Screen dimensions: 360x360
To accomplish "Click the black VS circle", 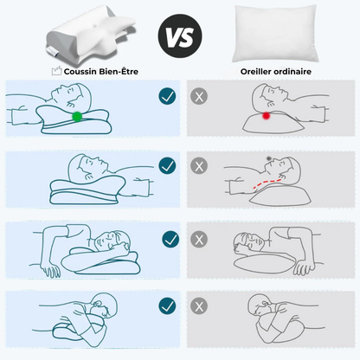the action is pyautogui.click(x=180, y=36).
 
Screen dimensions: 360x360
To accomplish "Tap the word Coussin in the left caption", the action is pyautogui.click(x=80, y=71).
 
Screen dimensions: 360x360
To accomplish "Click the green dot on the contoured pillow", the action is pyautogui.click(x=77, y=117).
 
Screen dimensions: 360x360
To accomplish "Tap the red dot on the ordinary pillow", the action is pyautogui.click(x=266, y=116).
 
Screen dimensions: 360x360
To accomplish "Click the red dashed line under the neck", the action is pyautogui.click(x=267, y=183).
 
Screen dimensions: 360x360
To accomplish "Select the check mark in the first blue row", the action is pyautogui.click(x=167, y=96).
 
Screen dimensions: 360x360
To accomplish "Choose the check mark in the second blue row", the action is pyautogui.click(x=167, y=165).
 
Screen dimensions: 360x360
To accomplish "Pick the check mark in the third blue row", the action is pyautogui.click(x=170, y=240).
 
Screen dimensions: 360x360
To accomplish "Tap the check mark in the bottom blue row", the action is pyautogui.click(x=167, y=306).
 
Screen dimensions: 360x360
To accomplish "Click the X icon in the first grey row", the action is pyautogui.click(x=199, y=96).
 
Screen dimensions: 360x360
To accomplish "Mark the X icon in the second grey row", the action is pyautogui.click(x=199, y=166).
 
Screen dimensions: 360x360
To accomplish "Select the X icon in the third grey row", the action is pyautogui.click(x=199, y=240).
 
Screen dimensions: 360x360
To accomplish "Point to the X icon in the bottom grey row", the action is pyautogui.click(x=199, y=306).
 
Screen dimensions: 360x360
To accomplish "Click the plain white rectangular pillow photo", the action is pyautogui.click(x=275, y=33).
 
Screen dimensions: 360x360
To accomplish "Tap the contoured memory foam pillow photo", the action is pyautogui.click(x=91, y=35).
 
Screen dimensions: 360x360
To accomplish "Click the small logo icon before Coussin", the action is pyautogui.click(x=56, y=71).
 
